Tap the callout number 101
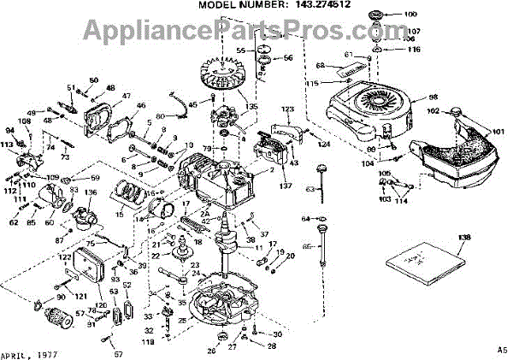coord(499,132)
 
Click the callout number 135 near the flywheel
coord(250,107)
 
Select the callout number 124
coord(324,144)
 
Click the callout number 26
coord(211,349)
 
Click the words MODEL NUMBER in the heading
coord(234,5)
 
